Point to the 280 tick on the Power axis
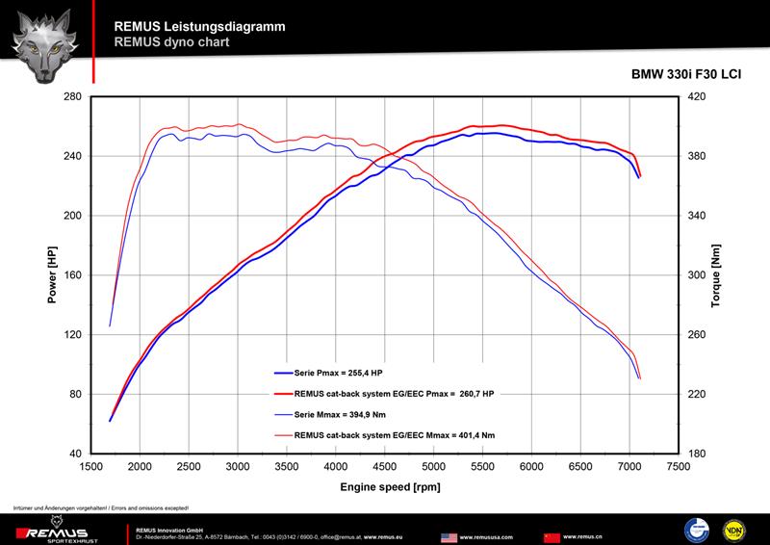[x=72, y=96]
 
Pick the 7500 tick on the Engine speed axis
[x=679, y=465]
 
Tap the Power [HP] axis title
[x=52, y=275]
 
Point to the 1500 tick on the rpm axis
[x=91, y=465]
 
